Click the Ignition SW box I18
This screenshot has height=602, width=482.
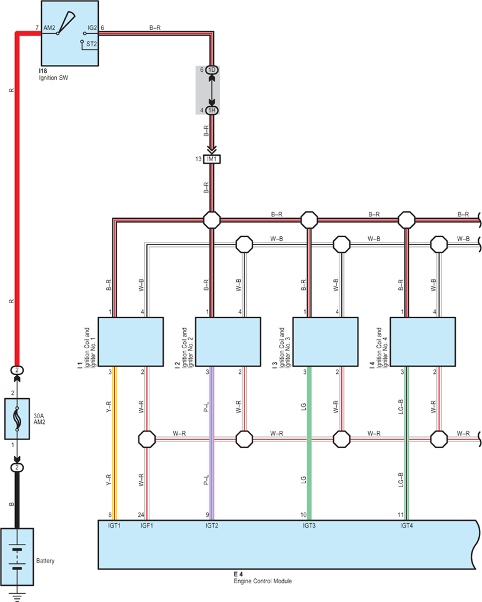click(x=69, y=33)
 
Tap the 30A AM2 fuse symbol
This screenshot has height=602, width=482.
click(x=17, y=418)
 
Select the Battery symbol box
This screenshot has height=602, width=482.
click(x=17, y=556)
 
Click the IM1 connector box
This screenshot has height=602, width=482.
click(x=212, y=159)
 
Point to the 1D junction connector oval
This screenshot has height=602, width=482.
click(x=212, y=70)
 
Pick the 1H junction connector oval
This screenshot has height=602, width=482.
click(x=212, y=111)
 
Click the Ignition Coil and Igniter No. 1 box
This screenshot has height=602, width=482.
click(x=131, y=342)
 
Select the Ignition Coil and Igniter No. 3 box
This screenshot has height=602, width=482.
click(x=325, y=342)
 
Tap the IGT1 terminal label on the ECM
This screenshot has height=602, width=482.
click(x=114, y=526)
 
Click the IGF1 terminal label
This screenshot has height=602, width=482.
click(x=147, y=526)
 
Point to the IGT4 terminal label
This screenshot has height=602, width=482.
click(x=406, y=526)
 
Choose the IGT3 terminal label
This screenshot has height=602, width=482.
click(x=309, y=526)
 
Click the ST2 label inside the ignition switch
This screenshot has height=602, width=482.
click(x=91, y=44)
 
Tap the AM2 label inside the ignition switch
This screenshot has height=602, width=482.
click(x=49, y=28)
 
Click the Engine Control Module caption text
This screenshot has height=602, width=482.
click(x=263, y=581)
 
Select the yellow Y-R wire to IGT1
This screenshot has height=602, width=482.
click(x=114, y=443)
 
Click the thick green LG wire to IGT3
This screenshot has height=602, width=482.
click(x=309, y=443)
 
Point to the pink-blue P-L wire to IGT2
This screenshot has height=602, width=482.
click(x=212, y=443)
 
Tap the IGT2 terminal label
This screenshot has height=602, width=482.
click(x=212, y=526)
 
